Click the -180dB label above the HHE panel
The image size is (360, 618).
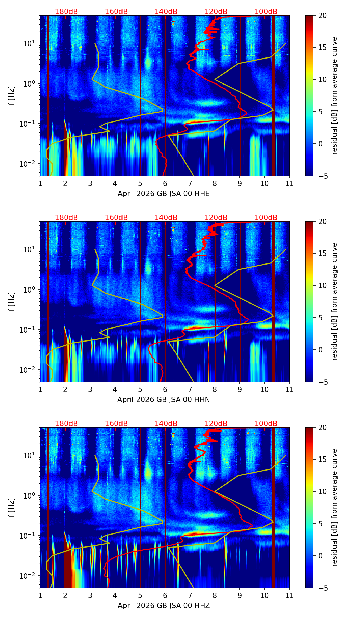pyautogui.click(x=65, y=12)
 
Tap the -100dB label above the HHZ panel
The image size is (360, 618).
pyautogui.click(x=265, y=424)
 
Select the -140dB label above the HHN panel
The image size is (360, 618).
pyautogui.click(x=165, y=218)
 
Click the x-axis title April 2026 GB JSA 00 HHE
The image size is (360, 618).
pyautogui.click(x=164, y=194)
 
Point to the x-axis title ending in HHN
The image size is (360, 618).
pyautogui.click(x=164, y=400)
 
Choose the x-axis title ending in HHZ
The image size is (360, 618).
pyautogui.click(x=164, y=606)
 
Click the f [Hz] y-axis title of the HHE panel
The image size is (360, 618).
pyautogui.click(x=12, y=96)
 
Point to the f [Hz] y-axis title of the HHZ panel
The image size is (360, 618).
pyautogui.click(x=12, y=508)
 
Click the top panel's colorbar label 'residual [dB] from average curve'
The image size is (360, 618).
pyautogui.click(x=335, y=96)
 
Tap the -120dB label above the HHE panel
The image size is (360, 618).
pyautogui.click(x=215, y=12)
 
